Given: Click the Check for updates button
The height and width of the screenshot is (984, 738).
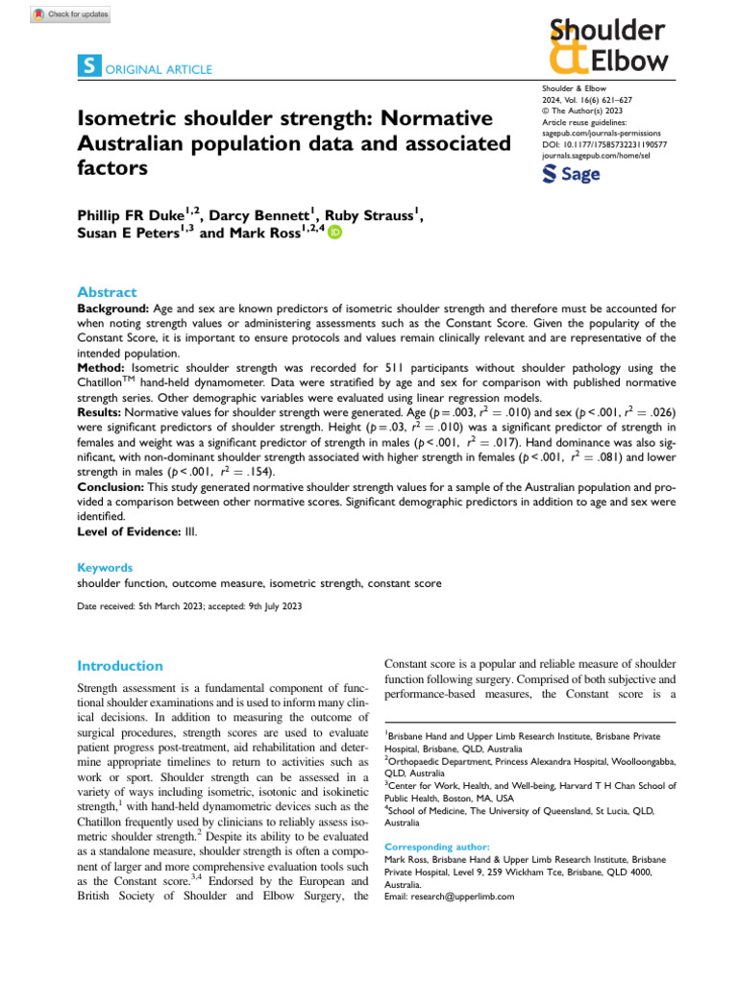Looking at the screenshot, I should [x=71, y=14].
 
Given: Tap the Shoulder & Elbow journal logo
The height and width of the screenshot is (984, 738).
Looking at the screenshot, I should [x=607, y=46].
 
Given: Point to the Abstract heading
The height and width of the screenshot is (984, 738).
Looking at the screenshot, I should [x=107, y=292].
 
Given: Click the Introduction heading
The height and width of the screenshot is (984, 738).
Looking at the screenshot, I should [x=120, y=665].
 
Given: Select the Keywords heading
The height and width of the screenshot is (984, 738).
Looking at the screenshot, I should [x=105, y=568].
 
